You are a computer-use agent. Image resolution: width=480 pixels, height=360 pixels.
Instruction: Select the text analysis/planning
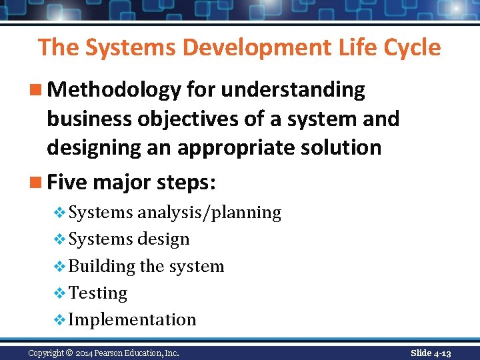click(x=209, y=213)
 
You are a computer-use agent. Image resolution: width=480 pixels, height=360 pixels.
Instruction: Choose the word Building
click(x=102, y=267)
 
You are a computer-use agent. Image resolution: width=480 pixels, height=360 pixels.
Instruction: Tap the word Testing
click(x=98, y=293)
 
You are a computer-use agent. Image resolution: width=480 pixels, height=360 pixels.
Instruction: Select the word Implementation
click(x=133, y=320)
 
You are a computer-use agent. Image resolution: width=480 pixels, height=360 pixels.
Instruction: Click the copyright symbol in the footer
click(x=70, y=353)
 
